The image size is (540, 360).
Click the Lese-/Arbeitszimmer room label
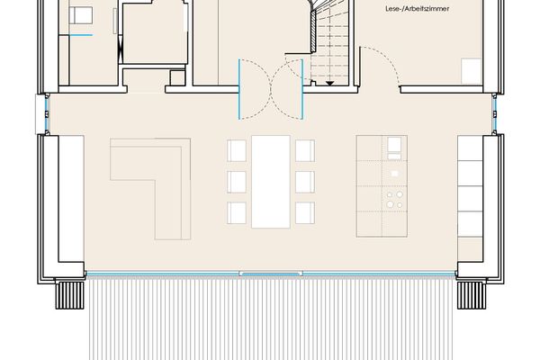[x=417, y=9]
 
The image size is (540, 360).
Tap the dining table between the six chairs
[x=271, y=182]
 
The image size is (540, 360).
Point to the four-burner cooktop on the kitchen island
[x=394, y=199]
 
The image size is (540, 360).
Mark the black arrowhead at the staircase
[x=330, y=84]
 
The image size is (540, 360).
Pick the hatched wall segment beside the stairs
[x=313, y=31]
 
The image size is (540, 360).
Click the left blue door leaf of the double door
[x=239, y=89]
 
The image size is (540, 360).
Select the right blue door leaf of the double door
[x=302, y=89]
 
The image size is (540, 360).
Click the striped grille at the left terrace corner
[x=69, y=295]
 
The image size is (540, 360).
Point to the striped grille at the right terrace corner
[x=472, y=295]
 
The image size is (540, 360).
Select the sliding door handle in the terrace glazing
[x=271, y=274]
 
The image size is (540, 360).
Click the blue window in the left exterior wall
[x=47, y=113]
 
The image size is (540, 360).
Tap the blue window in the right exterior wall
[x=494, y=113]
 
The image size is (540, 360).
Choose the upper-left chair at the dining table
[x=237, y=150]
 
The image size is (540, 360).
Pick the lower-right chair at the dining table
[x=305, y=212]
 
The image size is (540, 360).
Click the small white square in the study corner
[x=471, y=71]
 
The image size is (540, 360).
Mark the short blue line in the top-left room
[x=81, y=35]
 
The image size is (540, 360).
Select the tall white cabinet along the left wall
[x=71, y=199]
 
